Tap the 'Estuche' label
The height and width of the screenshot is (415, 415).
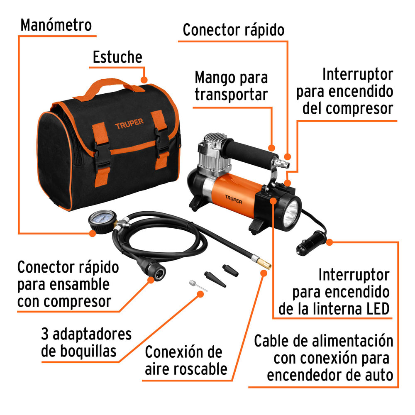117,57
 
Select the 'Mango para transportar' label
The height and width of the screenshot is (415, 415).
231,86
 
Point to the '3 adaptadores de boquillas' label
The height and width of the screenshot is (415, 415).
86,343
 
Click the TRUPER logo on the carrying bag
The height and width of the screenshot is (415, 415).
129,122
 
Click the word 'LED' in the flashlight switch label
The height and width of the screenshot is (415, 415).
373,309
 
